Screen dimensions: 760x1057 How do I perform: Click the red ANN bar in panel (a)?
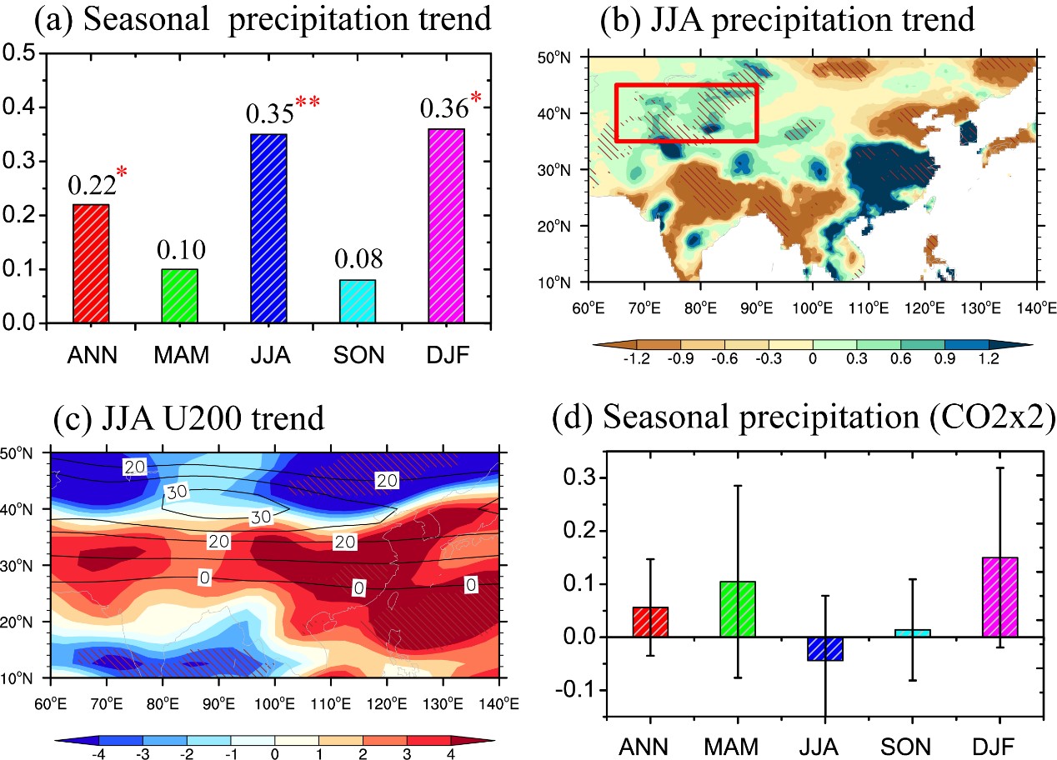point(91,263)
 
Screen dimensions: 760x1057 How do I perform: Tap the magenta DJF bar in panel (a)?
point(445,226)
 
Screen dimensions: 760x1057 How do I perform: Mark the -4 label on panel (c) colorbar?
point(98,752)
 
